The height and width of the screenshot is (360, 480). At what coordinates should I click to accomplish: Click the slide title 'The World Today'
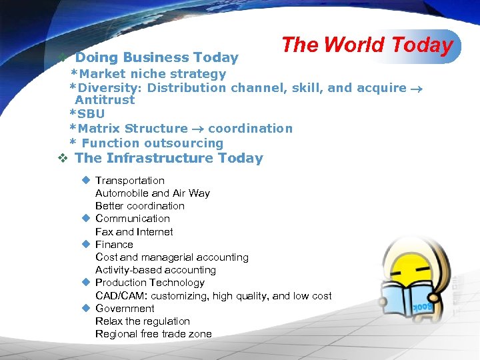[x=367, y=45]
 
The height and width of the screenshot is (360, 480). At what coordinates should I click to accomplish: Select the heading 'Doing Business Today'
[x=156, y=58]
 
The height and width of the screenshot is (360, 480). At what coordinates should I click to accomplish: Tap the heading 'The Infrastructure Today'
[x=169, y=158]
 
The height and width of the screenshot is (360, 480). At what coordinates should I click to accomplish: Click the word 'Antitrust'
[x=105, y=100]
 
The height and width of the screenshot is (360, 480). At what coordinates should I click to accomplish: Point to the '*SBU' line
[x=87, y=114]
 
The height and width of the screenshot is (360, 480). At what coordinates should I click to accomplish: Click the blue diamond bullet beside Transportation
[x=85, y=180]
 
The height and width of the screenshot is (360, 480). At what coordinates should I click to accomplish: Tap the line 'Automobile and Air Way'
[x=152, y=193]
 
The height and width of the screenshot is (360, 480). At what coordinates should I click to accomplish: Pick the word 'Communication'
[x=132, y=218]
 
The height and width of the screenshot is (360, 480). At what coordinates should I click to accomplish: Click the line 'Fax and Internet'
[x=134, y=231]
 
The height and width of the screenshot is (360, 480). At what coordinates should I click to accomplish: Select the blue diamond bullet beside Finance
[x=85, y=244]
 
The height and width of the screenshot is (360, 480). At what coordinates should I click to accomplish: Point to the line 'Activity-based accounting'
[x=155, y=269]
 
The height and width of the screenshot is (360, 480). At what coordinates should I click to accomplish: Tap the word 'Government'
[x=125, y=308]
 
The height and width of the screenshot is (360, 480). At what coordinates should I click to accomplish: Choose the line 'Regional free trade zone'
[x=153, y=333]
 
